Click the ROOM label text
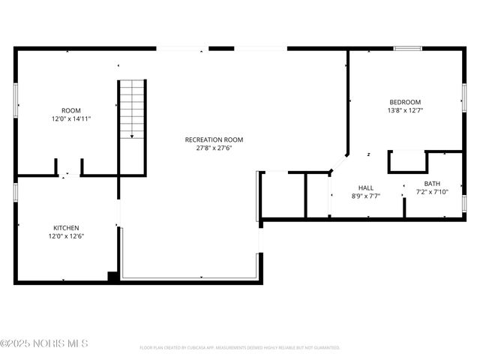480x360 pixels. tap(71, 110)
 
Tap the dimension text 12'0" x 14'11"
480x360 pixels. tap(71, 118)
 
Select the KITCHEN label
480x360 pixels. tap(66, 228)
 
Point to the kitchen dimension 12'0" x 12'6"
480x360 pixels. tap(66, 236)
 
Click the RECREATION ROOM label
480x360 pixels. tap(214, 139)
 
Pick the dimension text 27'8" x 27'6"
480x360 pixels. tap(214, 148)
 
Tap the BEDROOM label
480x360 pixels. tap(404, 102)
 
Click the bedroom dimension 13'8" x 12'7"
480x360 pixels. tap(404, 110)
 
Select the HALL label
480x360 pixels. tap(366, 187)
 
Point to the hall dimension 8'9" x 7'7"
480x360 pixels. tap(366, 196)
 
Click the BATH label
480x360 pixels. tap(432, 184)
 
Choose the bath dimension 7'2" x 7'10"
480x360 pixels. tap(432, 192)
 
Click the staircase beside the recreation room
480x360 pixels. tap(131, 109)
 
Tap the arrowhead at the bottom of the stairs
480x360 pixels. tap(131, 136)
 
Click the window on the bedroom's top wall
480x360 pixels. tap(408, 49)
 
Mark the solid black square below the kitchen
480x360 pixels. tap(112, 276)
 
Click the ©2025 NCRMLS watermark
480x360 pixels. tap(44, 343)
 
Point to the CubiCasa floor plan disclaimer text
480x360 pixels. tap(240, 347)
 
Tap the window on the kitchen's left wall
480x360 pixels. tap(16, 190)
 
